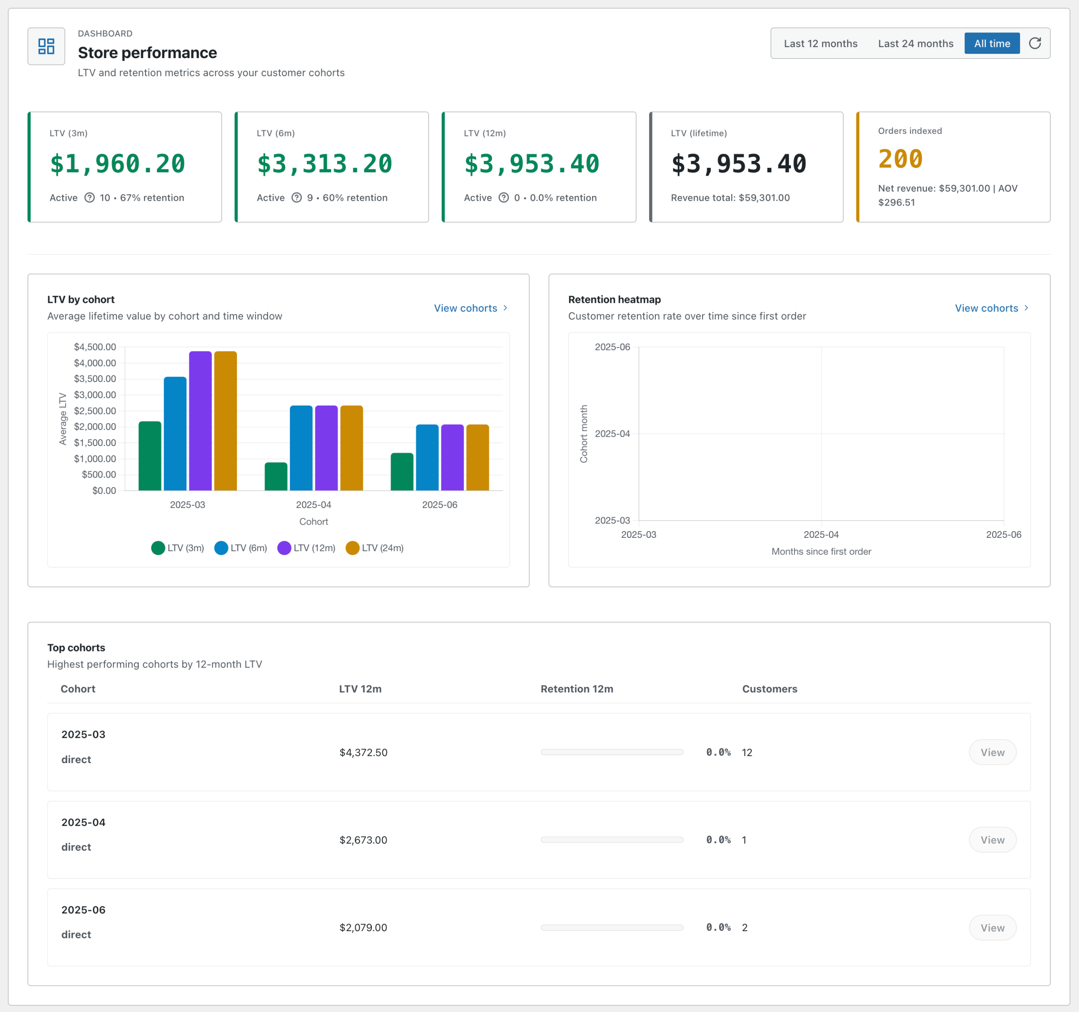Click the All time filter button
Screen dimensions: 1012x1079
(x=992, y=43)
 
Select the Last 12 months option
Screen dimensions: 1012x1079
(x=820, y=43)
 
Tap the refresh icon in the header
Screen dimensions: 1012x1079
(x=1034, y=43)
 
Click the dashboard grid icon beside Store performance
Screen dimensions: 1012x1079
(x=46, y=46)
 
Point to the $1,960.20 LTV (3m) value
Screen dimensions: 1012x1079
(x=117, y=164)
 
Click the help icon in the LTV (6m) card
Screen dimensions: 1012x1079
(x=296, y=198)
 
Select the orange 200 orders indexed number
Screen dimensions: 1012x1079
(x=900, y=159)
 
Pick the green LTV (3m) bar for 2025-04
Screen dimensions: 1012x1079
(x=276, y=476)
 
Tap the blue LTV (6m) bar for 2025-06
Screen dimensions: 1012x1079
(x=427, y=457)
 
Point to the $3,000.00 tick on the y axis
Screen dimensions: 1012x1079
(x=95, y=395)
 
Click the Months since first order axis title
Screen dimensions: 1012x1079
(x=821, y=552)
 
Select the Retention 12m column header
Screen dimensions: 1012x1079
(x=577, y=689)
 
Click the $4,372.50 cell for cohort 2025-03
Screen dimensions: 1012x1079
(x=363, y=752)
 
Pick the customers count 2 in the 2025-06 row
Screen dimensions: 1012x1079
(x=745, y=927)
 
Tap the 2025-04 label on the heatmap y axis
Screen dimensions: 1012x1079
(x=612, y=434)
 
